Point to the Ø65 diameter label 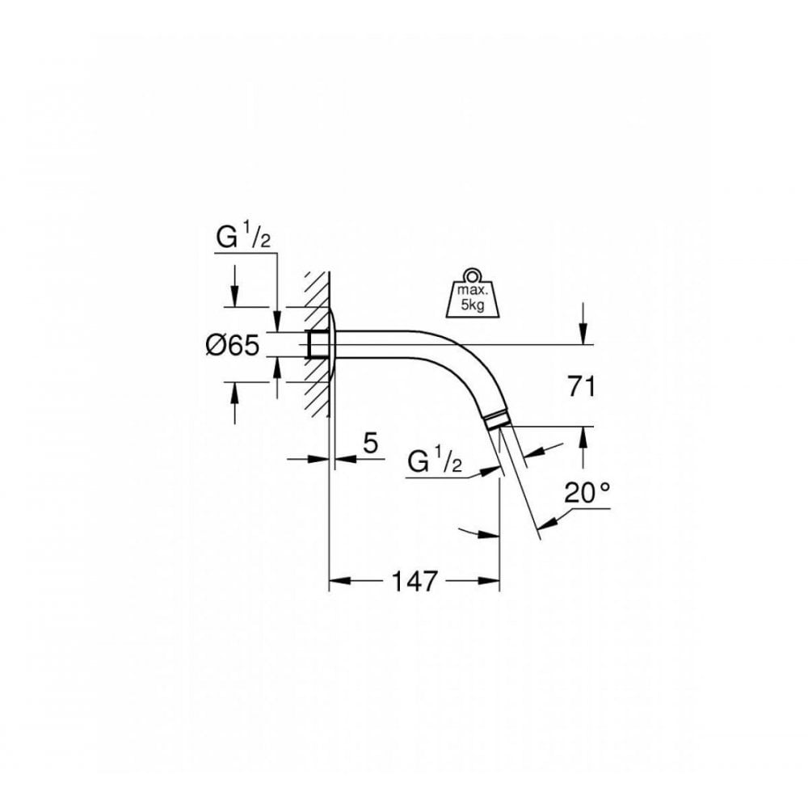232,346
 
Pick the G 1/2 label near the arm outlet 435,462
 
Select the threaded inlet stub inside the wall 317,344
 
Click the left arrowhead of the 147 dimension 338,580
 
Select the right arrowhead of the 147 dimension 491,580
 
